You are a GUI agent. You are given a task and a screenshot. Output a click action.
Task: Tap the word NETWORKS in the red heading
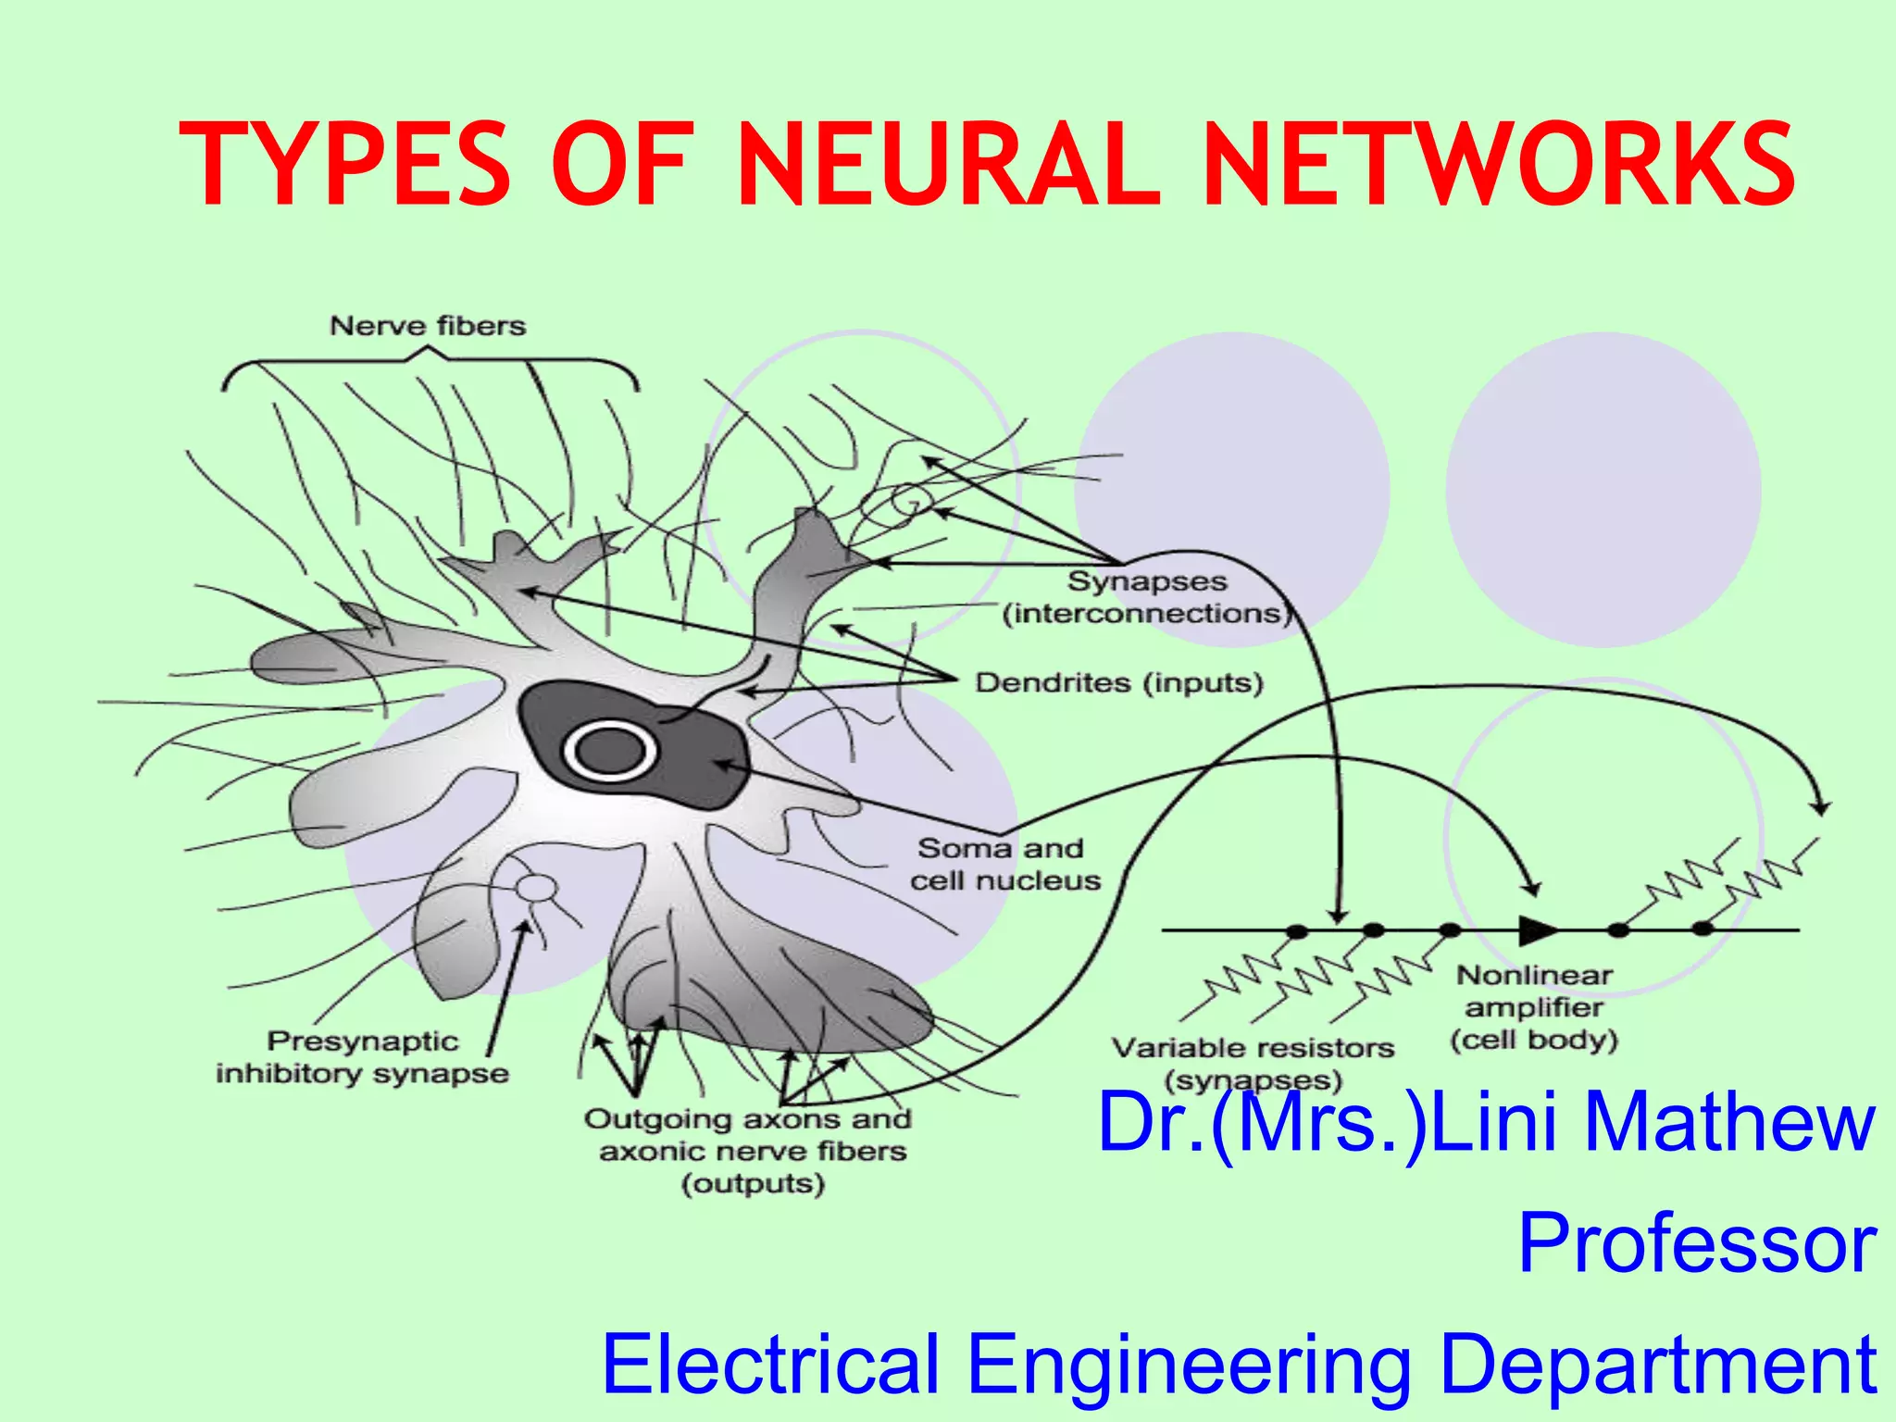coord(1497,165)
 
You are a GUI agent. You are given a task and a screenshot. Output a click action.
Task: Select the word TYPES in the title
coord(344,165)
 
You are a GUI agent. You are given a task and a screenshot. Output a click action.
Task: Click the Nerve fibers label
coord(428,326)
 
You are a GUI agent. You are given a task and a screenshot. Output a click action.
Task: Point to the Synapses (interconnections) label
coord(1146,597)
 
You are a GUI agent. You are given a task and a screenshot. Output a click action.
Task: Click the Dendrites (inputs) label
coord(1118,683)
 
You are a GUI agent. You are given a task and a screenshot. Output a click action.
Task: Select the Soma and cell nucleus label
coord(1004,864)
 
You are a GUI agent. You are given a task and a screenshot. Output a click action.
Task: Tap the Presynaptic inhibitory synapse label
coord(362,1057)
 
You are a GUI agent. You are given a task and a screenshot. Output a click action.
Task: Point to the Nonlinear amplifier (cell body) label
coord(1534,1007)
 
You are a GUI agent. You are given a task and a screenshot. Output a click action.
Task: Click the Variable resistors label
coord(1253,1049)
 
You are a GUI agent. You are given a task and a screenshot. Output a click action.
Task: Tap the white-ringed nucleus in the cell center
coord(609,751)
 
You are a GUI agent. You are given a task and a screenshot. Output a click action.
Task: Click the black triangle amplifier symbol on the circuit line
coord(1537,929)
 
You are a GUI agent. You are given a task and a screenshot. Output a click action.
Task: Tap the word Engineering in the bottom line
coord(1189,1364)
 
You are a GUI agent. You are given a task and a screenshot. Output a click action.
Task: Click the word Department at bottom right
coord(1657,1364)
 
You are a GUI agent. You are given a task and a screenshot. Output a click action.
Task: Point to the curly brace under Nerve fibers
coord(429,366)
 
